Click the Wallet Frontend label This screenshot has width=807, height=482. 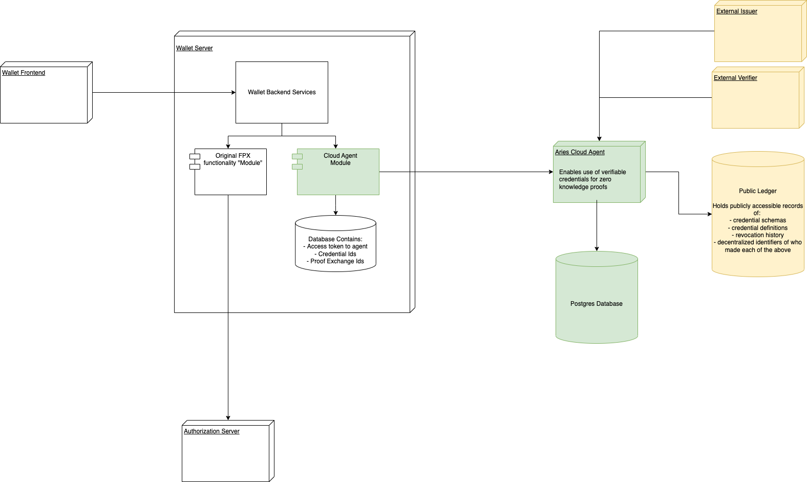click(x=24, y=72)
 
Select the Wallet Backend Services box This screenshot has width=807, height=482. click(x=282, y=92)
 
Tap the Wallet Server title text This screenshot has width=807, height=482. click(x=194, y=48)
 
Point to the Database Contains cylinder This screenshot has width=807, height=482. click(x=335, y=243)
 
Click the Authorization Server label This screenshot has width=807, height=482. click(x=211, y=431)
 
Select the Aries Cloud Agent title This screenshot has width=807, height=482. click(x=580, y=152)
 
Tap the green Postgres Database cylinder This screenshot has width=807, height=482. click(x=597, y=297)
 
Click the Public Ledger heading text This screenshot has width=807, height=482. click(x=758, y=191)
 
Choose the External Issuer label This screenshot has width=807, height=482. click(x=736, y=11)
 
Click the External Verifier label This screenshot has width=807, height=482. click(x=735, y=78)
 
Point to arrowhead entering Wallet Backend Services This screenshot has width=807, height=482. click(x=233, y=92)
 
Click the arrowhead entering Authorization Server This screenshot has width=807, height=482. click(x=228, y=418)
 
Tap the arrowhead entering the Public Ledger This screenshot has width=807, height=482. click(x=710, y=214)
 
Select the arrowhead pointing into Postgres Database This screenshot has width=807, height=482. click(x=597, y=249)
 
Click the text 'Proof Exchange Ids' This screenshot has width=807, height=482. click(x=337, y=261)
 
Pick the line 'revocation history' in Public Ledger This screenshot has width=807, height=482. click(x=759, y=235)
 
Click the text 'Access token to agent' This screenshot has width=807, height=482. click(x=337, y=246)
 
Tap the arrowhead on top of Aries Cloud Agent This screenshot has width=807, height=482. click(x=599, y=139)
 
